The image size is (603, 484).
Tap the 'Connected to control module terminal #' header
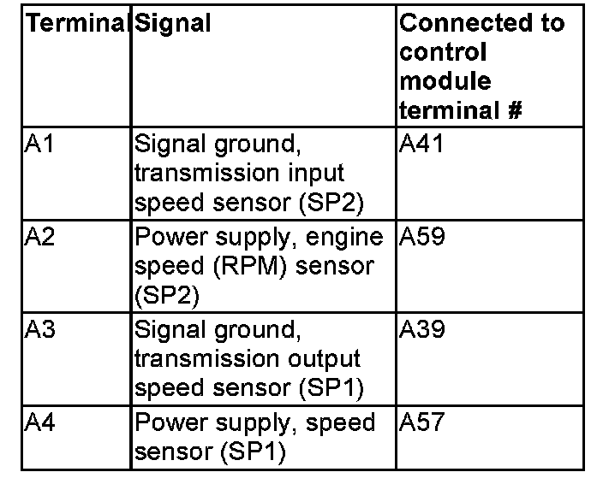481,67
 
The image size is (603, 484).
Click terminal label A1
39,144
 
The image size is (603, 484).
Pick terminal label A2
40,237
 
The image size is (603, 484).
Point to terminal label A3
40,329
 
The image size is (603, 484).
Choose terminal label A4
40,422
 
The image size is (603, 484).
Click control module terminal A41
422,144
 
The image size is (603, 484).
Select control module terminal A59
422,237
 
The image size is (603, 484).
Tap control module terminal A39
422,329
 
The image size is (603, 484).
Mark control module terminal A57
422,422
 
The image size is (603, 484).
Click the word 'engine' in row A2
352,237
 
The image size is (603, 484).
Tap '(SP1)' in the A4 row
254,452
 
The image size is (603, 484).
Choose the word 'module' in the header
445,81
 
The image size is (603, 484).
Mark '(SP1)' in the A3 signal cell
331,388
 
